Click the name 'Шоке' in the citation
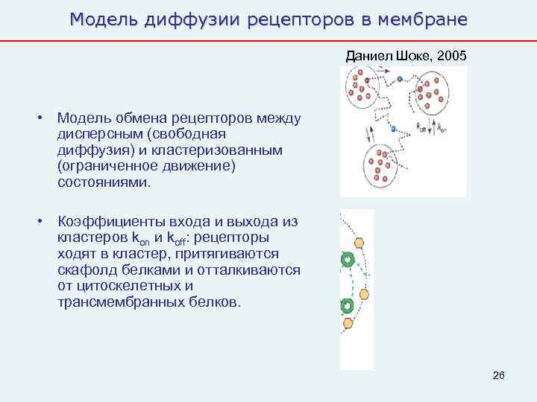(409, 55)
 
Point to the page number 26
(499, 375)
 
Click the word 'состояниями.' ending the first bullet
(104, 182)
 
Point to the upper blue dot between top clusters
(400, 77)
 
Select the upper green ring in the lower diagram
(347, 260)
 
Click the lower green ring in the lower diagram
(347, 306)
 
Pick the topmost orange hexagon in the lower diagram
(359, 243)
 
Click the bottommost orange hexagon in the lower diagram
(348, 323)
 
